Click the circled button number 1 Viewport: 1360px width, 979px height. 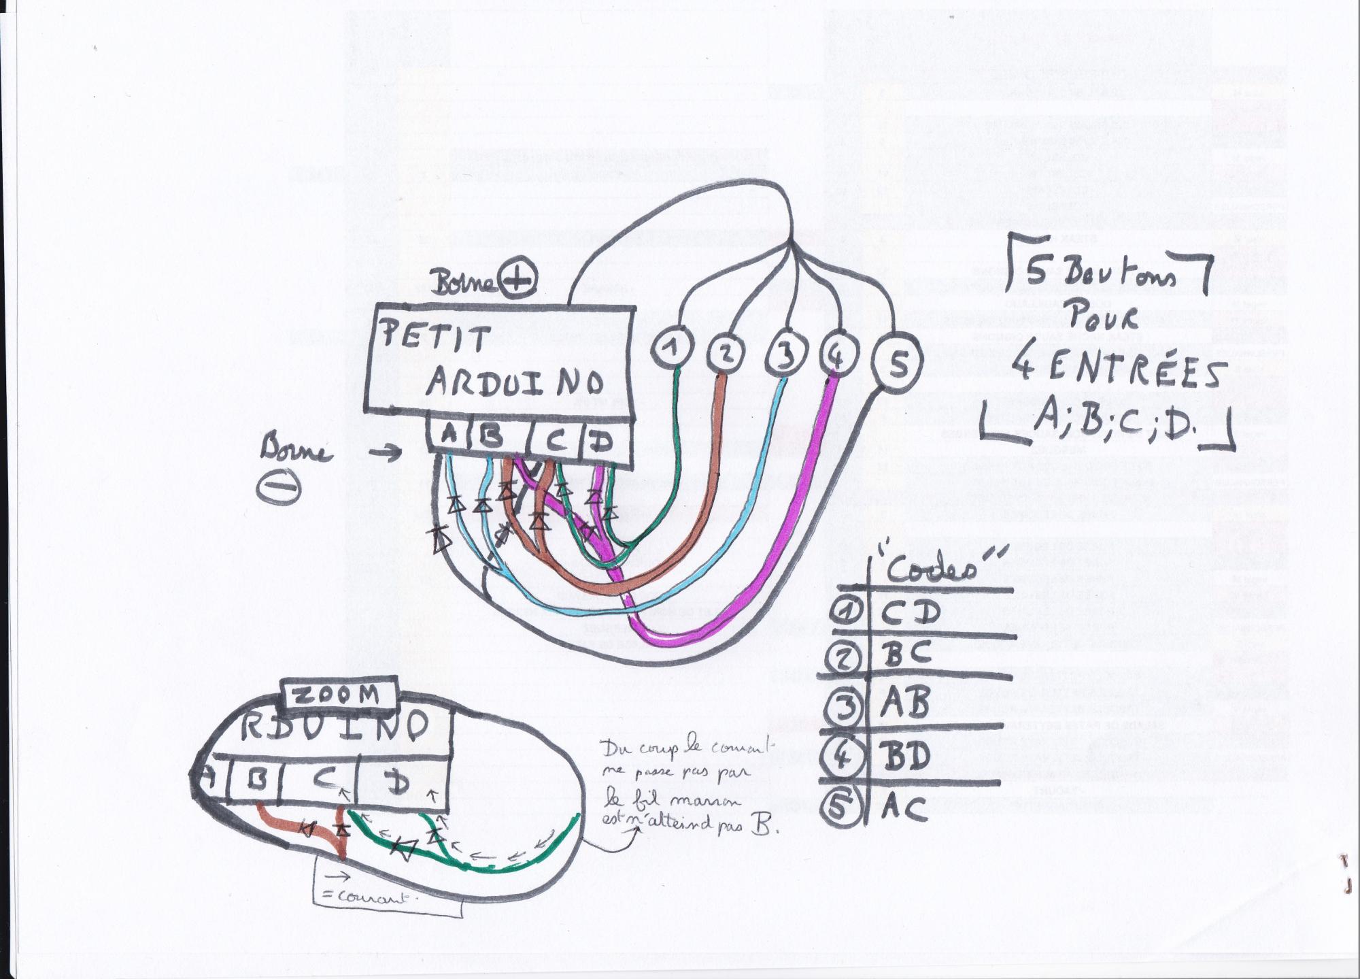672,348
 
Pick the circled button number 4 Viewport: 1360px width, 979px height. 838,354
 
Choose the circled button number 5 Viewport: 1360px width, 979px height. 898,364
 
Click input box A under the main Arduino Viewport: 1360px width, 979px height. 449,435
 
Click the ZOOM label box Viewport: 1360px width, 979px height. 339,695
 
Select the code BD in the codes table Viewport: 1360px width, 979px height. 907,755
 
